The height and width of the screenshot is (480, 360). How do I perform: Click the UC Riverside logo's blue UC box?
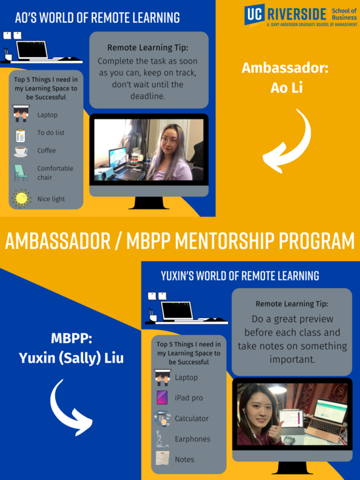pyautogui.click(x=255, y=15)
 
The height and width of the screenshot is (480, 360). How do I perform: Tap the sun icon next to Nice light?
pyautogui.click(x=22, y=198)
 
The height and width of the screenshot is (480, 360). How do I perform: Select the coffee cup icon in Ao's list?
pyautogui.click(x=21, y=151)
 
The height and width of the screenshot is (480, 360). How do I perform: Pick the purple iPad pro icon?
pyautogui.click(x=161, y=397)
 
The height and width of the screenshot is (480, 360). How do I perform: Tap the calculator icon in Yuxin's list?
pyautogui.click(x=161, y=418)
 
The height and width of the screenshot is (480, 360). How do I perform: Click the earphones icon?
pyautogui.click(x=161, y=439)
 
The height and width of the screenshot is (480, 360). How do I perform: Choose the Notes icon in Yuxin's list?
pyautogui.click(x=161, y=459)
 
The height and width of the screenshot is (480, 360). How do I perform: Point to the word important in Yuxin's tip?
pyautogui.click(x=293, y=360)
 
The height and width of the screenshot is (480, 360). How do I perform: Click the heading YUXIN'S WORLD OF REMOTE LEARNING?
pyautogui.click(x=240, y=276)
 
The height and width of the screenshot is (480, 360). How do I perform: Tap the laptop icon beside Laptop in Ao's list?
pyautogui.click(x=21, y=115)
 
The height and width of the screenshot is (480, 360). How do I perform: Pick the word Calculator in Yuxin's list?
pyautogui.click(x=192, y=418)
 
